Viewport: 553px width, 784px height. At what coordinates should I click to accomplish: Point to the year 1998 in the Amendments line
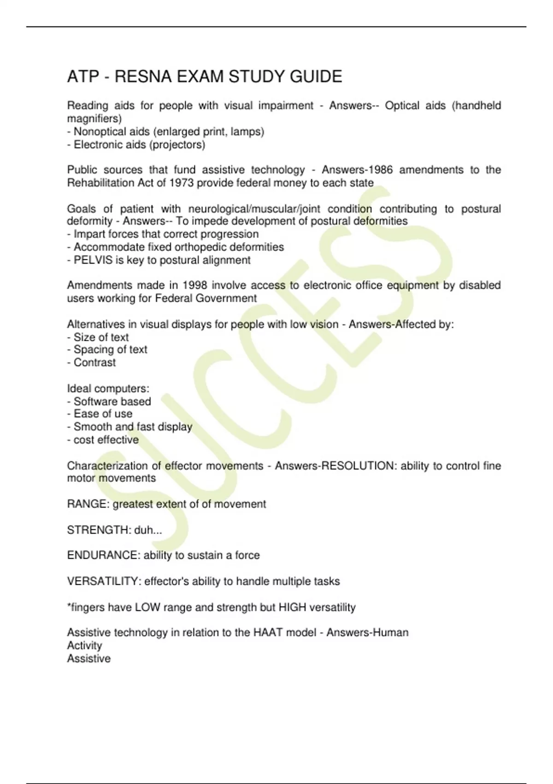[x=195, y=285]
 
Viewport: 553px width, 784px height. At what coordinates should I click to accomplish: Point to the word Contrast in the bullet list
[x=94, y=362]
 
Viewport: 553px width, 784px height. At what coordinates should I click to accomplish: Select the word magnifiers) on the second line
[x=94, y=119]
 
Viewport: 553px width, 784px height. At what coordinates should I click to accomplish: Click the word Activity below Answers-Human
[x=84, y=646]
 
